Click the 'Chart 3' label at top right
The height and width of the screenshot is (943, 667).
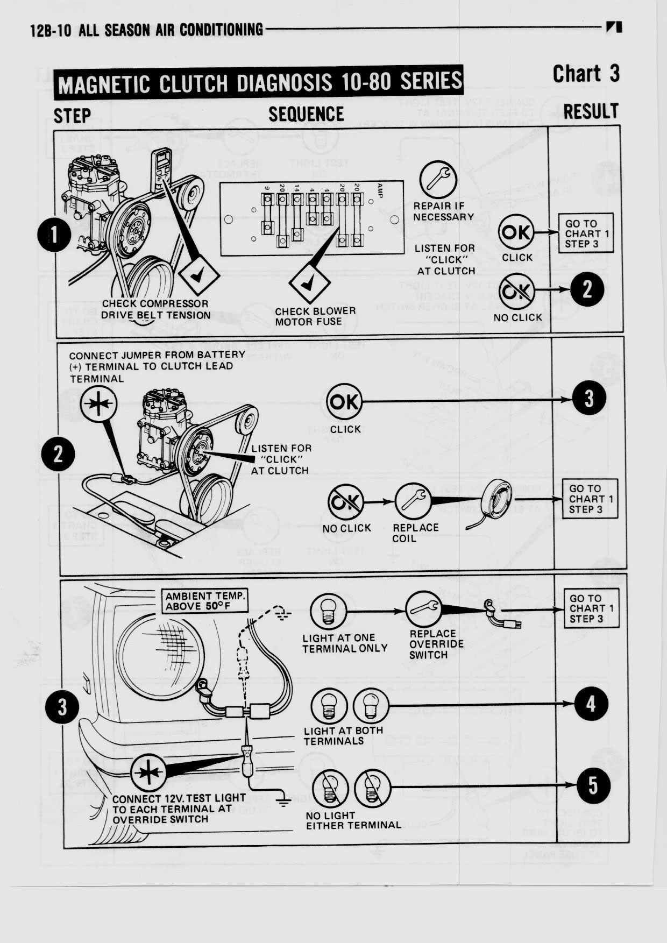586,74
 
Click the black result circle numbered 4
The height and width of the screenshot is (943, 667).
591,704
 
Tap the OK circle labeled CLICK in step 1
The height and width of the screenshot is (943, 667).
516,232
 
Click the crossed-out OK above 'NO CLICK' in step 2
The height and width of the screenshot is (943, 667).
345,501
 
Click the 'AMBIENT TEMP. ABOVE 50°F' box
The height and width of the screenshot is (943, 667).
205,601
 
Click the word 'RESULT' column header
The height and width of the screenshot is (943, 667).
591,112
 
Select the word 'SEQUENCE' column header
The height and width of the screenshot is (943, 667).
306,114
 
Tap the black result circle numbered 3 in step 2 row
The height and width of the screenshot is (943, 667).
589,399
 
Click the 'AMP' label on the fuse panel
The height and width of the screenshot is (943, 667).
380,192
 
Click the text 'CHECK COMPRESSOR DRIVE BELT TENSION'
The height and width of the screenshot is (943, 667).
155,309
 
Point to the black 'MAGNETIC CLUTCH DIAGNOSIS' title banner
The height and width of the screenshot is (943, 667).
259,83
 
